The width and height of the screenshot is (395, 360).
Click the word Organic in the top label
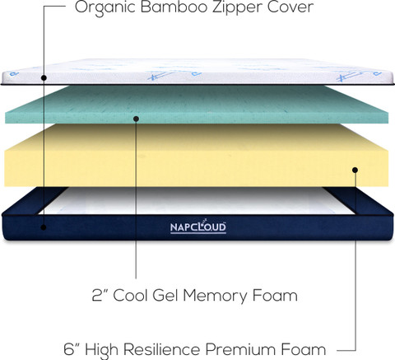click(x=105, y=7)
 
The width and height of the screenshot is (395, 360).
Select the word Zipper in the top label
click(x=237, y=8)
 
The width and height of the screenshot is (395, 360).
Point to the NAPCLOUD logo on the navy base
click(x=198, y=227)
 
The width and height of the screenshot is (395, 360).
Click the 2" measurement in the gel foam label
click(x=100, y=295)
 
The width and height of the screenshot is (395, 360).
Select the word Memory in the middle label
click(x=215, y=297)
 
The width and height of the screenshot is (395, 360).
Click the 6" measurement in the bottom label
click(x=72, y=349)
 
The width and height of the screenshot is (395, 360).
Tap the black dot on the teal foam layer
click(x=136, y=119)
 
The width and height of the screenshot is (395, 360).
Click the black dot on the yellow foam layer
click(x=355, y=170)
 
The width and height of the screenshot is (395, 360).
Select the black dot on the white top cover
click(x=44, y=78)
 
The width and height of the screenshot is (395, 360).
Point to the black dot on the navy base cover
click(x=44, y=227)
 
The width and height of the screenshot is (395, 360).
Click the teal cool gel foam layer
click(x=197, y=105)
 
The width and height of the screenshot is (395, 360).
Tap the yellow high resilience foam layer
click(x=197, y=155)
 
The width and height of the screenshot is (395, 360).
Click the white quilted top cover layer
click(x=197, y=72)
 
